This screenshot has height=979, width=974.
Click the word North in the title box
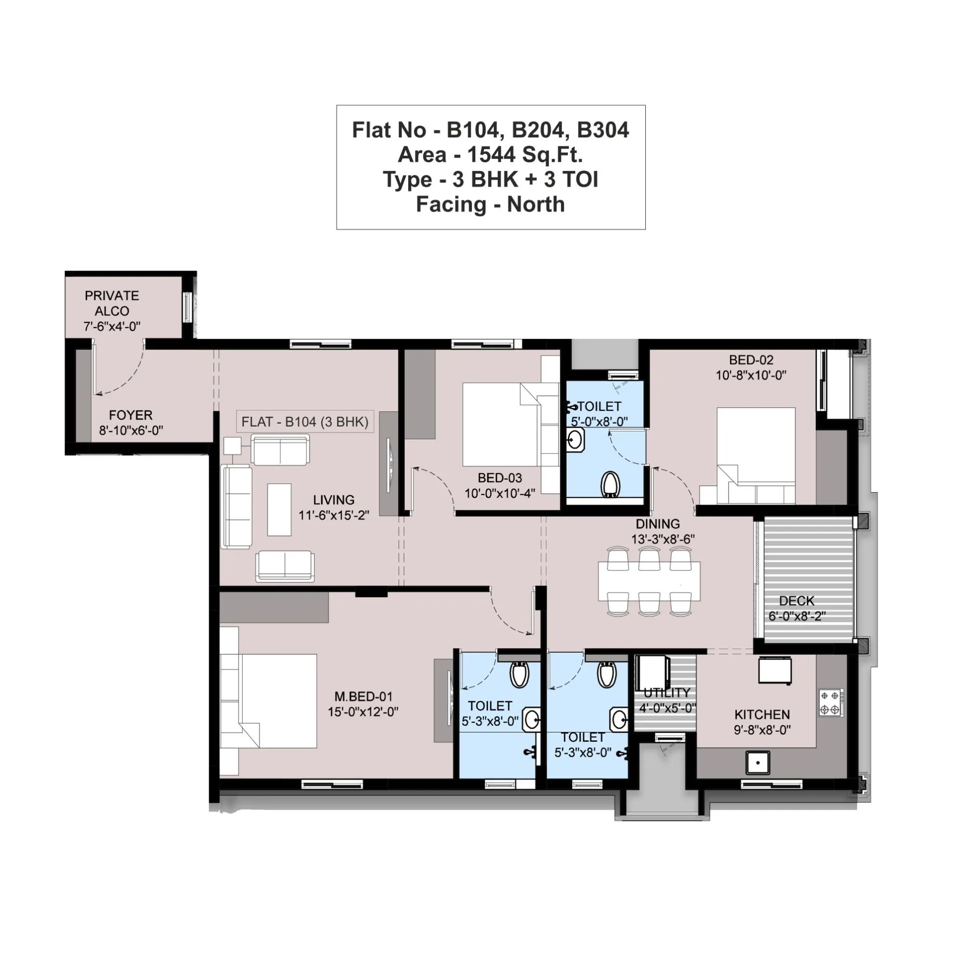pyautogui.click(x=536, y=205)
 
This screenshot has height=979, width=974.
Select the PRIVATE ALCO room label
pyautogui.click(x=112, y=303)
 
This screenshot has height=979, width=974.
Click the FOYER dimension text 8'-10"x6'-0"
pyautogui.click(x=131, y=430)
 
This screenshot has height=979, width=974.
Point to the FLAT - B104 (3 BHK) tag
pyautogui.click(x=305, y=422)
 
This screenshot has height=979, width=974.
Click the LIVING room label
pyautogui.click(x=333, y=500)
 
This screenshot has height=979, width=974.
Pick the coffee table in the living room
pyautogui.click(x=279, y=509)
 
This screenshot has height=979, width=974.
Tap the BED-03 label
pyautogui.click(x=499, y=478)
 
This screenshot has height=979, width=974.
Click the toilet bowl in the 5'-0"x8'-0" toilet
pyautogui.click(x=610, y=484)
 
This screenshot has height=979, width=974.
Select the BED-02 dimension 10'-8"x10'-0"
pyautogui.click(x=751, y=376)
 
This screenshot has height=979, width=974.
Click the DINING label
pyautogui.click(x=657, y=524)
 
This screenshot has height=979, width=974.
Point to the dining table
pyautogui.click(x=649, y=581)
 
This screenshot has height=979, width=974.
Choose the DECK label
pyautogui.click(x=796, y=601)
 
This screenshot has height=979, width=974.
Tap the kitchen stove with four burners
pyautogui.click(x=830, y=703)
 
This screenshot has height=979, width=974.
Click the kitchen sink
pyautogui.click(x=757, y=762)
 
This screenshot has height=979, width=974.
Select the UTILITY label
pyautogui.click(x=667, y=692)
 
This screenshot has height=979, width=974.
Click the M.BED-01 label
pyautogui.click(x=363, y=697)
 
